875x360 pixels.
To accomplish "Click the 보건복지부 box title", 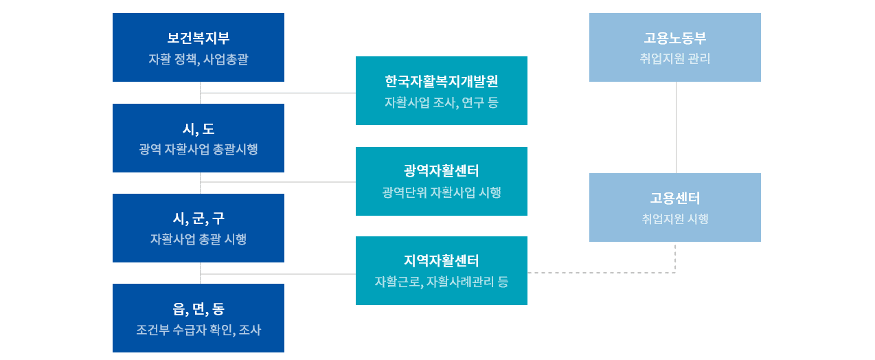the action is pos(198,38).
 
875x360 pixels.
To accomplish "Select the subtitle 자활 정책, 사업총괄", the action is pos(198,59).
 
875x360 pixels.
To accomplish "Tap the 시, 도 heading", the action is pos(198,128).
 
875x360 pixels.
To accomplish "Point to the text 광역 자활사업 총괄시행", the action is pos(198,149).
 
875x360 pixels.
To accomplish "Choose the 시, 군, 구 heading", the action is pos(198,218).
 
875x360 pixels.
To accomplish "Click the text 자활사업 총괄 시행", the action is pos(198,239).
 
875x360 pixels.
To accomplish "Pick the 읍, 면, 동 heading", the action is pos(198,309).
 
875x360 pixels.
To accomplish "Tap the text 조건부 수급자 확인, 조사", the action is pos(198,330).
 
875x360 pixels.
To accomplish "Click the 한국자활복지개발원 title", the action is pos(442,81).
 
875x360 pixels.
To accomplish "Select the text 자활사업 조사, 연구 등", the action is pos(442,102).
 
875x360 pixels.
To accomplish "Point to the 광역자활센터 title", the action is pos(442,171).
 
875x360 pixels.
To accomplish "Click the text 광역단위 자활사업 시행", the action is pos(442,192).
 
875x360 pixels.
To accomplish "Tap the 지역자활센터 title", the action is pos(442,260).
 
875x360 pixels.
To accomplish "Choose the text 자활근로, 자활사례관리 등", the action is pos(442,282).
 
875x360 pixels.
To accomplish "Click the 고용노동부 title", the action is pos(675,38).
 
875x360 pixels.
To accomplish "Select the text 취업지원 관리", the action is pos(675,58).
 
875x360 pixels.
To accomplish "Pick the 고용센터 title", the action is pos(675,198).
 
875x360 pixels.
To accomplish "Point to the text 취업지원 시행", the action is pos(675,218).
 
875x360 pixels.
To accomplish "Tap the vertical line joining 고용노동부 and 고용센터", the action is pos(677,127).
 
